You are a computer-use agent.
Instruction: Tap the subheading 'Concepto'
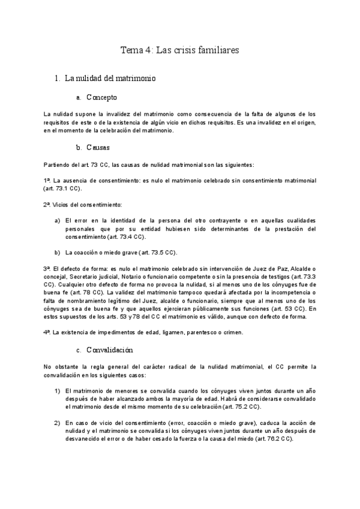(101, 97)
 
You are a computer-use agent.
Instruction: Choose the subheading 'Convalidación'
(110, 349)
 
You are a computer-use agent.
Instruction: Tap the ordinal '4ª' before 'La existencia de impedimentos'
(47, 332)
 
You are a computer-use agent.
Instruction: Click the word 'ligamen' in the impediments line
(175, 332)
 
